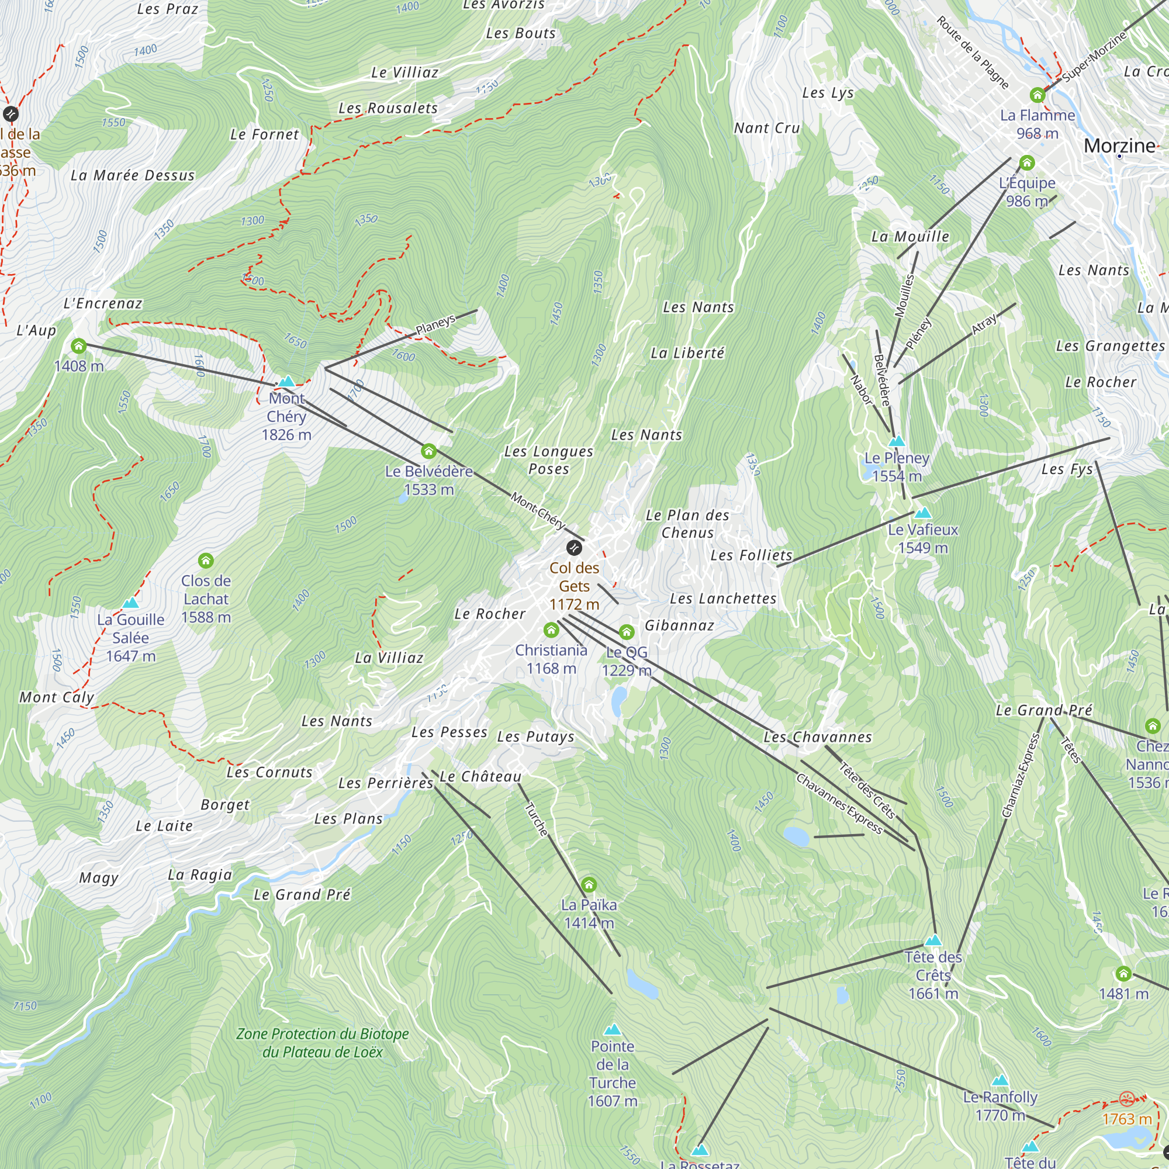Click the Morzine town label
(x=1119, y=146)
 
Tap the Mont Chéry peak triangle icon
(x=286, y=382)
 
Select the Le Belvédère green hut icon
(x=428, y=451)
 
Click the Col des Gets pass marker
(x=573, y=548)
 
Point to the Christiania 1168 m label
(x=551, y=659)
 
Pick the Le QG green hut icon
(x=626, y=632)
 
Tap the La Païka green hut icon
(x=589, y=885)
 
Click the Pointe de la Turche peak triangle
(x=613, y=1030)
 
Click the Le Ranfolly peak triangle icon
(x=1000, y=1081)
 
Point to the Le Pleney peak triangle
(x=897, y=442)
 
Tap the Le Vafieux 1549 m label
(x=923, y=538)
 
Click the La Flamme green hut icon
(x=1037, y=95)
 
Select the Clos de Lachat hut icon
(x=206, y=561)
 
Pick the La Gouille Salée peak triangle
(x=131, y=603)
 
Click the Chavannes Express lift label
(x=839, y=804)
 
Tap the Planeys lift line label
(x=435, y=325)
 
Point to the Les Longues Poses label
(x=548, y=460)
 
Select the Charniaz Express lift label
(x=1021, y=776)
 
